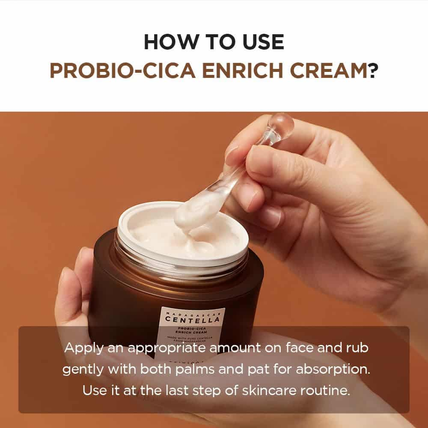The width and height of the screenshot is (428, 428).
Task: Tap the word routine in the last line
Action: [322, 391]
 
